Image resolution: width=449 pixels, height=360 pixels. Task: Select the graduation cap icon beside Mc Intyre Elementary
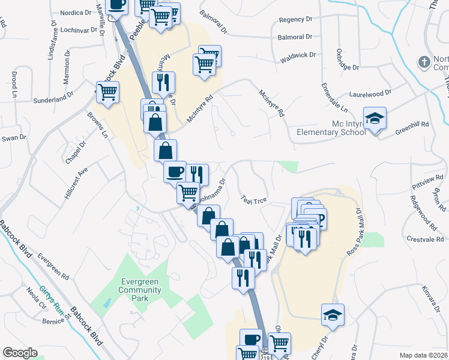(375, 119)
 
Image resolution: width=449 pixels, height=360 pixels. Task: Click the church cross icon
(424, 62)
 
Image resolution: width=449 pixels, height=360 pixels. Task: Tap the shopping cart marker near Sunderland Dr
(108, 92)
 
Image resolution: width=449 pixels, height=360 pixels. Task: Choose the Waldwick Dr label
(298, 55)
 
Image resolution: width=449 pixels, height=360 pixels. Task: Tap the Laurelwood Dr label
(370, 93)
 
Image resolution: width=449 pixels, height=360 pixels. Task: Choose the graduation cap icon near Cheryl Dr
(332, 315)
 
